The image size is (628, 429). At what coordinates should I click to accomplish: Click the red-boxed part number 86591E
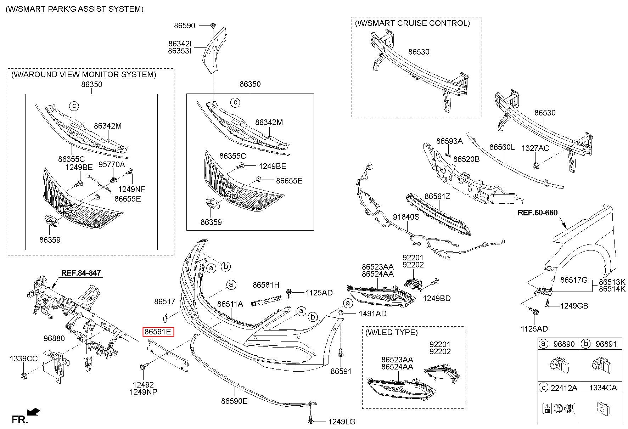(158, 332)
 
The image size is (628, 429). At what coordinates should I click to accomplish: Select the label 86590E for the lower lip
(234, 401)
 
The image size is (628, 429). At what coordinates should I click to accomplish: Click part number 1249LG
(342, 422)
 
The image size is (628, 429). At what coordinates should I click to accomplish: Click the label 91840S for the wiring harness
(406, 216)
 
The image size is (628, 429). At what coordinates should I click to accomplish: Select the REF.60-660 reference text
(537, 213)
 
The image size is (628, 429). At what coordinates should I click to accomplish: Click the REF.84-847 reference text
(81, 273)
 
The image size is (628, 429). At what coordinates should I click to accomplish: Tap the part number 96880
(54, 338)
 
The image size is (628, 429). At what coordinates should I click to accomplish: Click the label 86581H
(266, 284)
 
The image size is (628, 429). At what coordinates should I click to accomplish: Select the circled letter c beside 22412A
(543, 388)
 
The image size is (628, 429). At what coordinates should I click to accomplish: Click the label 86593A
(449, 141)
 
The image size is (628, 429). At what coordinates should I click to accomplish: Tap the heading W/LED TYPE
(391, 332)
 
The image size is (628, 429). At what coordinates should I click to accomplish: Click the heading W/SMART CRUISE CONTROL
(412, 23)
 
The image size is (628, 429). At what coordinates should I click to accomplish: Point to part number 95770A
(112, 164)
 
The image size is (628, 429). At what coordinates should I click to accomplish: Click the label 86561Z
(437, 196)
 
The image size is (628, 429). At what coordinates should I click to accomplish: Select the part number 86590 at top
(184, 26)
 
